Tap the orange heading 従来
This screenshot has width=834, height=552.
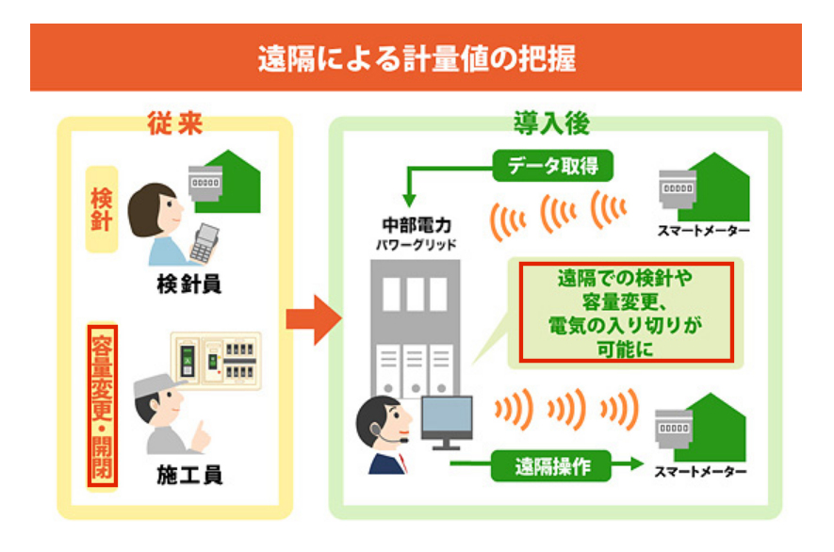coord(175,122)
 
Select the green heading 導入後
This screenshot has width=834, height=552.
coord(552,122)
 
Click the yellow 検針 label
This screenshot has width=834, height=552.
coord(102,210)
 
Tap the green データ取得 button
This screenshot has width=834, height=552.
coord(552,168)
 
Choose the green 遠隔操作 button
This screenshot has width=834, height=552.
coord(552,465)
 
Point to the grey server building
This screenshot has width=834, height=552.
coord(415,320)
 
